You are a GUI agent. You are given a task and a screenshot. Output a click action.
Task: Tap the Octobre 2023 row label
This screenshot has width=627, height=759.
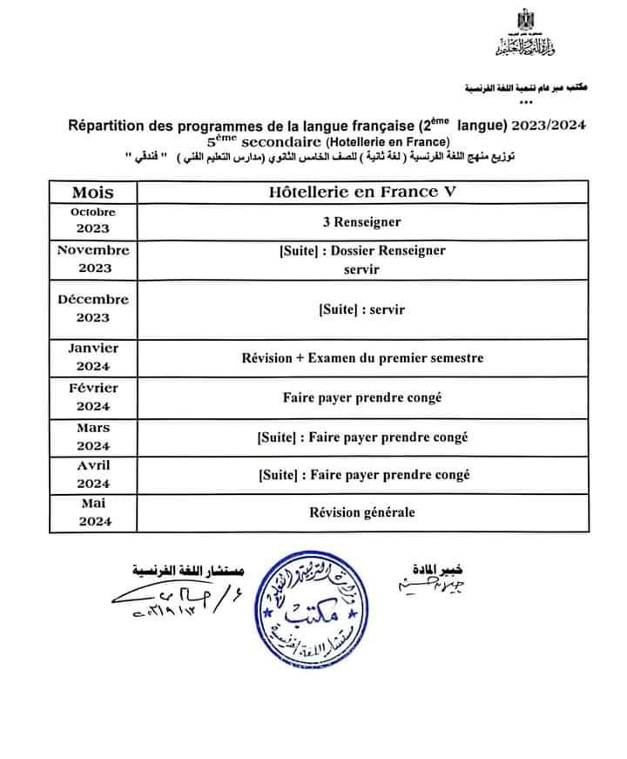pyautogui.click(x=93, y=220)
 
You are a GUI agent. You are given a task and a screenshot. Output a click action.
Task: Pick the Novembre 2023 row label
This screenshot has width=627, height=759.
pyautogui.click(x=93, y=259)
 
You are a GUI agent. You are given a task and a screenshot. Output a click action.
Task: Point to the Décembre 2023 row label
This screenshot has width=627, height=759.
pyautogui.click(x=93, y=308)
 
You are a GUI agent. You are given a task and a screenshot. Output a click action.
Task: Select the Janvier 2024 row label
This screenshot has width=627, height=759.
pyautogui.click(x=93, y=356)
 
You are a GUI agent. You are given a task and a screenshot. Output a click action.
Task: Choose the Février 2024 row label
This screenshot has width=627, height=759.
pyautogui.click(x=93, y=397)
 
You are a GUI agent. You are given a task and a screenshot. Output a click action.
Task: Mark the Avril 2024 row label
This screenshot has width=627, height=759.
pyautogui.click(x=93, y=474)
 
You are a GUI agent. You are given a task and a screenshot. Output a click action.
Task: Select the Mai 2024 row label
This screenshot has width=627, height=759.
pyautogui.click(x=93, y=512)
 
